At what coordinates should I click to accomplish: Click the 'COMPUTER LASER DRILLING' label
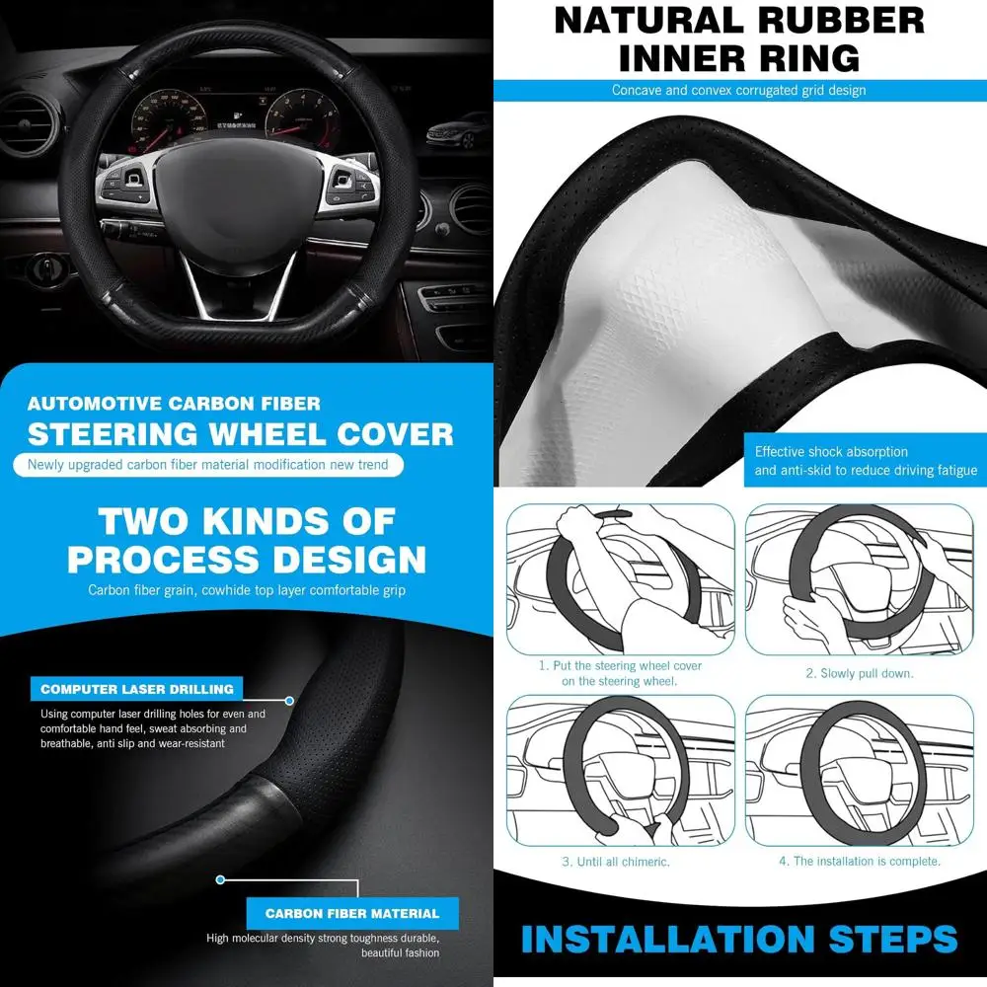click(x=137, y=689)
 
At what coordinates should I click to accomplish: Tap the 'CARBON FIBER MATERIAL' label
click(x=351, y=913)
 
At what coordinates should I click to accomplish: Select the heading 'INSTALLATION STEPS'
click(x=739, y=938)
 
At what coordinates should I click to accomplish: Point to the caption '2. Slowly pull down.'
click(x=859, y=673)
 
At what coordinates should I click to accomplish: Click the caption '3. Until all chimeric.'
click(x=616, y=862)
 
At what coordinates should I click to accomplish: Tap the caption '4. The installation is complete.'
click(x=859, y=862)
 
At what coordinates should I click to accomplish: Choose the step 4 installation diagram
click(x=859, y=770)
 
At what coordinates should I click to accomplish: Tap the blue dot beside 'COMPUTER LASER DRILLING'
click(x=289, y=701)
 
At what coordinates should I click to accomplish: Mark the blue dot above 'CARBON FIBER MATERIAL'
click(x=221, y=879)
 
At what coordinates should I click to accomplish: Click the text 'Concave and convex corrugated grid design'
click(x=738, y=91)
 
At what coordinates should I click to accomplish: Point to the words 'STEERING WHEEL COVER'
click(x=240, y=434)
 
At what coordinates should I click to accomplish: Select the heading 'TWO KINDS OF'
click(x=247, y=520)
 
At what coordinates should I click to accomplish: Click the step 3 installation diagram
click(x=620, y=770)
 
